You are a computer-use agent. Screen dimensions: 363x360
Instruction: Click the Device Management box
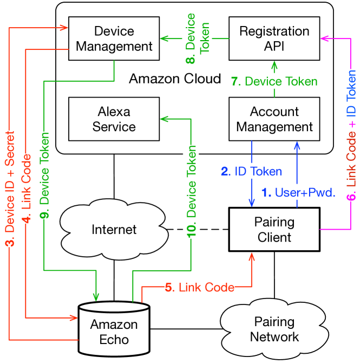(114, 38)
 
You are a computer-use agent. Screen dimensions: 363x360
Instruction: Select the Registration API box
(274, 38)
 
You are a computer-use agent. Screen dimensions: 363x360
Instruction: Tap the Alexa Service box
(114, 119)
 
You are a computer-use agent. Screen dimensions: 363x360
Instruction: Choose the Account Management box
(274, 119)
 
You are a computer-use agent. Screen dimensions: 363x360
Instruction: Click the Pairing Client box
(274, 230)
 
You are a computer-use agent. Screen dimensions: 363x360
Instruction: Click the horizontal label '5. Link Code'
(200, 287)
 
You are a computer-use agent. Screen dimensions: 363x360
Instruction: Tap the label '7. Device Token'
(274, 82)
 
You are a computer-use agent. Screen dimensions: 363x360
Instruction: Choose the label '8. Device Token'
(198, 38)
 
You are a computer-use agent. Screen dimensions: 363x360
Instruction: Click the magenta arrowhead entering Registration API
(324, 38)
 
